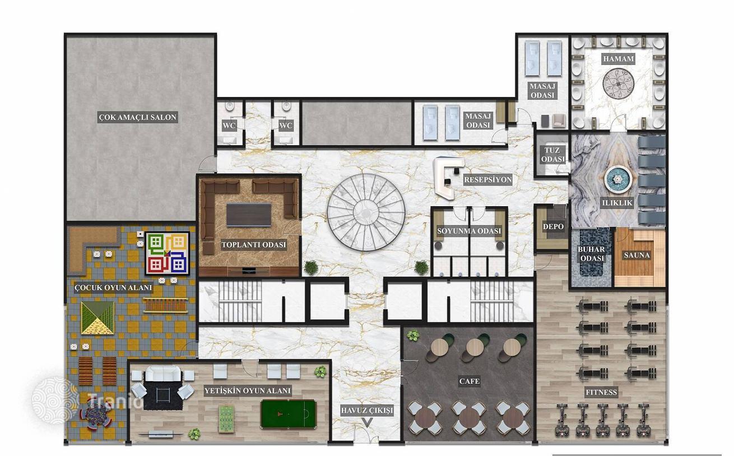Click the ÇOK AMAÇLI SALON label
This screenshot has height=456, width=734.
[138, 117]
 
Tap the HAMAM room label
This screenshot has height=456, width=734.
[619, 59]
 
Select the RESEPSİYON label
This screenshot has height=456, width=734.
[488, 179]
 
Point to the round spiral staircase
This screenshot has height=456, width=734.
[366, 212]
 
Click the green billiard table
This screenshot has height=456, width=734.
[289, 414]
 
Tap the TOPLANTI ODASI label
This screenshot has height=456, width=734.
[254, 245]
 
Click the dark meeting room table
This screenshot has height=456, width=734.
[249, 215]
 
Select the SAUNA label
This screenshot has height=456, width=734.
[637, 255]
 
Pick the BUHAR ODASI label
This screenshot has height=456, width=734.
[592, 254]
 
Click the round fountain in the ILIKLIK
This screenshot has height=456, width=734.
[618, 179]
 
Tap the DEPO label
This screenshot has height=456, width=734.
[553, 226]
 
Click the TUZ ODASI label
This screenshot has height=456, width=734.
[553, 155]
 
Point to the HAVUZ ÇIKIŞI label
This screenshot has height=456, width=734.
[366, 411]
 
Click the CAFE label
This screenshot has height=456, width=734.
[469, 381]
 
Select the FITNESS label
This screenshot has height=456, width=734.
[601, 392]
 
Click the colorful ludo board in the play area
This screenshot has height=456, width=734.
[168, 253]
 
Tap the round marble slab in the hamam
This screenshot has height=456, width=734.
[619, 83]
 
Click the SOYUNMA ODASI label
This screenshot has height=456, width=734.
[469, 231]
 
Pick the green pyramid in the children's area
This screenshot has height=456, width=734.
[97, 318]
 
